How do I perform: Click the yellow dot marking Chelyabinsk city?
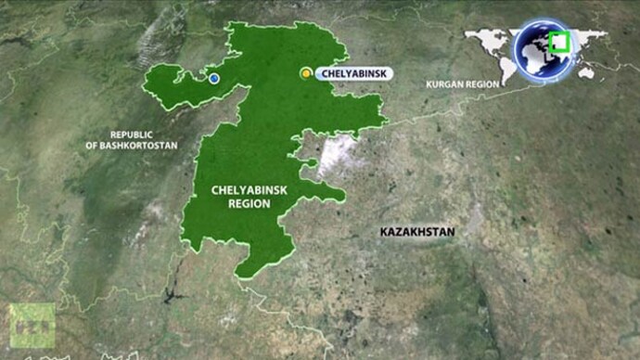(305, 73)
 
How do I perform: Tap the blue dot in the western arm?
(214, 79)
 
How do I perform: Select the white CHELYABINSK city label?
(355, 73)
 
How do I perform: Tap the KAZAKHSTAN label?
(417, 231)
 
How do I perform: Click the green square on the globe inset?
(558, 43)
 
